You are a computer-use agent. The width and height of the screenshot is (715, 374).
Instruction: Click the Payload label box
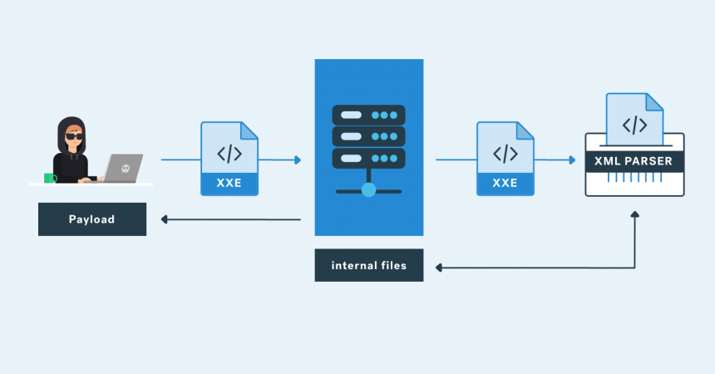pyautogui.click(x=91, y=219)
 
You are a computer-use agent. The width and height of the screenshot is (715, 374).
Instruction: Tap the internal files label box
pyautogui.click(x=368, y=266)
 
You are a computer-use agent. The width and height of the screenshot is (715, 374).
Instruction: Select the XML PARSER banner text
pyautogui.click(x=634, y=161)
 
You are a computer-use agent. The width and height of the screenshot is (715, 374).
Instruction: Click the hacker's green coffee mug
pyautogui.click(x=50, y=177)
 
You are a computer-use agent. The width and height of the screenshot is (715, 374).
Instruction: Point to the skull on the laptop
pyautogui.click(x=126, y=169)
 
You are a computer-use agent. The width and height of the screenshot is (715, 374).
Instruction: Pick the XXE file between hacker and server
pyautogui.click(x=229, y=158)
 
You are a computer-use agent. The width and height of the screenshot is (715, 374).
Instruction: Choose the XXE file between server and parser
pyautogui.click(x=505, y=158)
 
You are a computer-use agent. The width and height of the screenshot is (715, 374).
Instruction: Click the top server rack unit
pyautogui.click(x=368, y=114)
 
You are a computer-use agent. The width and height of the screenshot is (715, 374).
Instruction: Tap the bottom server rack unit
pyautogui.click(x=368, y=158)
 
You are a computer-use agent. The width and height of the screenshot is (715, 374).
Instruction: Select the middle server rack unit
pyautogui.click(x=368, y=135)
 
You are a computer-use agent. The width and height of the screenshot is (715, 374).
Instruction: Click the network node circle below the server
pyautogui.click(x=368, y=189)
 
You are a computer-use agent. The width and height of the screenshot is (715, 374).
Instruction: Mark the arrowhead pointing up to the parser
pyautogui.click(x=635, y=215)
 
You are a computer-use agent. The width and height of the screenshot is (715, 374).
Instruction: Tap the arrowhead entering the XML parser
pyautogui.click(x=571, y=160)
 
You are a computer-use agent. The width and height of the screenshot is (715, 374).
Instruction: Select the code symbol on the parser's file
pyautogui.click(x=634, y=125)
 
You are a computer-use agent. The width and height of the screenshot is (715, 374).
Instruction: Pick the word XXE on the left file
pyautogui.click(x=229, y=184)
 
